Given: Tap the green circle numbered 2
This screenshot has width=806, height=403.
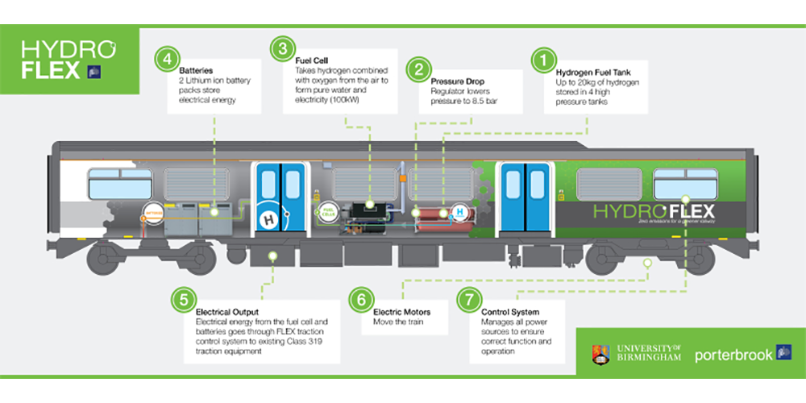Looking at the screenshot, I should coord(418,69).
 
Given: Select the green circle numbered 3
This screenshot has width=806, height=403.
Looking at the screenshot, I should coord(280,49).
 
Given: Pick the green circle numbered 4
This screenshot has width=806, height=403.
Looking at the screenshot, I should coord(167,60).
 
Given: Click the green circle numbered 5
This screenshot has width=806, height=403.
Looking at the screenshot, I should coord(185,299).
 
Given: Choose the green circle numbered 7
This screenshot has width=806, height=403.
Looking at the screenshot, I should coord(467,299).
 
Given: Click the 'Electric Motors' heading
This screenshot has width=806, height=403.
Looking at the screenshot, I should coord(401,311).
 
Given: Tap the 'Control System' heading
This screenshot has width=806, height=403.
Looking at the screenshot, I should coord(509,311).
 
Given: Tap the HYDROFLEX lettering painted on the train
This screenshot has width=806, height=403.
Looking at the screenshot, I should coord(653,211).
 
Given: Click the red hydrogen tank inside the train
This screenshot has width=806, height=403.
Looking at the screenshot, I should coord(431,215).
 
